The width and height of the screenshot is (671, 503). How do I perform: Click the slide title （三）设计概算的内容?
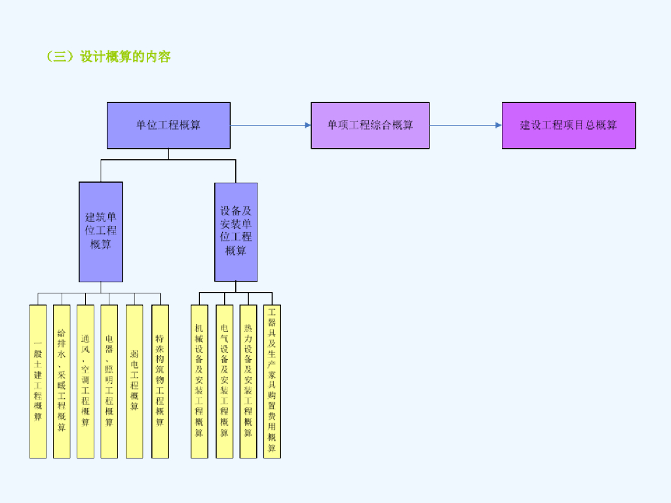coord(109,57)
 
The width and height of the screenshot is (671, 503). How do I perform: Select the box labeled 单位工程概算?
coord(168,125)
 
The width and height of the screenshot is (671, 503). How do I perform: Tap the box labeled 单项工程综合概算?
coord(370,125)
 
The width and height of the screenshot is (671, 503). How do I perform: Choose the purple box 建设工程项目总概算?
coord(569,125)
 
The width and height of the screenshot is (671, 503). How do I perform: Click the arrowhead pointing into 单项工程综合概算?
coord(307,125)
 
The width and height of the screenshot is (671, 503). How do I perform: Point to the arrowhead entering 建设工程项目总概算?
coord(499,125)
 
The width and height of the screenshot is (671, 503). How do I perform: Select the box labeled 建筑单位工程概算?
coord(101,231)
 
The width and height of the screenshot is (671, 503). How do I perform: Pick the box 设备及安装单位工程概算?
coord(236,231)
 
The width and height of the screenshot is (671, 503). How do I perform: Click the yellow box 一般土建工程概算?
coord(38,381)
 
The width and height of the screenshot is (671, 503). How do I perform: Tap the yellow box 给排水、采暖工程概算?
coord(62,381)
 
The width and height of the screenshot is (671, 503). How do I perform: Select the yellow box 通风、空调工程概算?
coord(85,381)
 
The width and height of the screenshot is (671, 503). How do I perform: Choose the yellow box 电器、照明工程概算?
coord(109,381)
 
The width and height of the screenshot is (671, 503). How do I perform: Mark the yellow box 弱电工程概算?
coord(134,381)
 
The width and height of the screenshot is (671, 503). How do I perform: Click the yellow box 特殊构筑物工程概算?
coord(160,381)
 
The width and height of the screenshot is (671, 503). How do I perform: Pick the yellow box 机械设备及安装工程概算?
coord(199,381)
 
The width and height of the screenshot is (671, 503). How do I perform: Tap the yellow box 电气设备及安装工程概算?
coord(224,381)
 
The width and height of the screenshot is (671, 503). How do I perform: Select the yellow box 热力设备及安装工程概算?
coord(248,381)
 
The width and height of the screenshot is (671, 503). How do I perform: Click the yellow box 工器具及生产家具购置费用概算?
coord(272,381)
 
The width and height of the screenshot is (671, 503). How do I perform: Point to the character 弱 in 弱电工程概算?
coord(134,353)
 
